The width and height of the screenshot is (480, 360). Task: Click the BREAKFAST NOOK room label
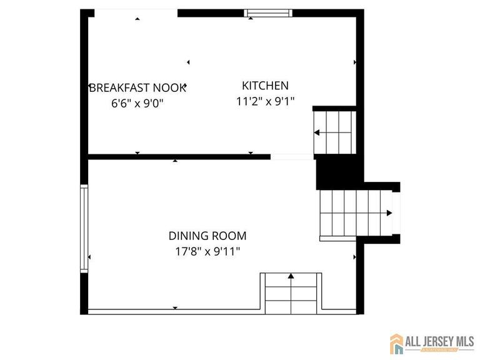click(137, 87)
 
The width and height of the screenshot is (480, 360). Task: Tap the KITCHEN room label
click(265, 86)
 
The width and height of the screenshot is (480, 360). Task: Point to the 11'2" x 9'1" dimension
click(265, 101)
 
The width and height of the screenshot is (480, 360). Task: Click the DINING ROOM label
click(207, 236)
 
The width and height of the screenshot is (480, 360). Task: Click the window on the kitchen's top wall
click(267, 12)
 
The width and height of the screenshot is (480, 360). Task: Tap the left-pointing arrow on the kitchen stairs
click(317, 132)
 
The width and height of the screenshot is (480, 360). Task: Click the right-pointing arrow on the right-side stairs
click(388, 213)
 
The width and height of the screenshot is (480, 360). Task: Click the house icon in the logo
click(397, 343)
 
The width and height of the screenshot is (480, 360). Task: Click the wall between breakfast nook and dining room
click(178, 156)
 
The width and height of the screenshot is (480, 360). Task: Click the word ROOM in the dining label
click(231, 236)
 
